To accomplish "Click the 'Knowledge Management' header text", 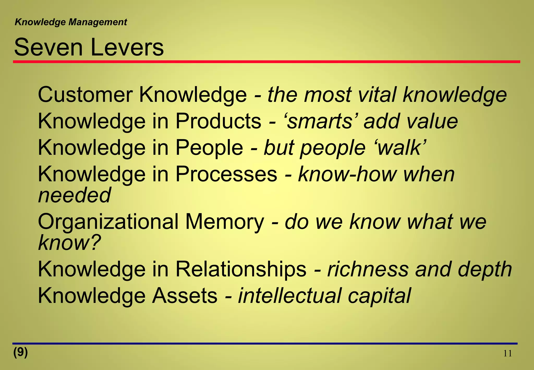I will point(71,22).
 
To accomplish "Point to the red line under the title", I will point(266,62).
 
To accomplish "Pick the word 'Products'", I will point(218,121).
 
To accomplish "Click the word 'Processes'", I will point(226,174).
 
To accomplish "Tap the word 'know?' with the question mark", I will point(69,243).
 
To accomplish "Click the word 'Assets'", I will point(185,296).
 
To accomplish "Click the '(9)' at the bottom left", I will point(21,352).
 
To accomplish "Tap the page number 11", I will point(507,354).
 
